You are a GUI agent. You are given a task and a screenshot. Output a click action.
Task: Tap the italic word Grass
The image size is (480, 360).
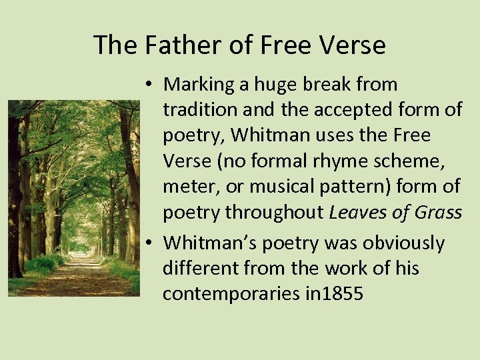(438, 212)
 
